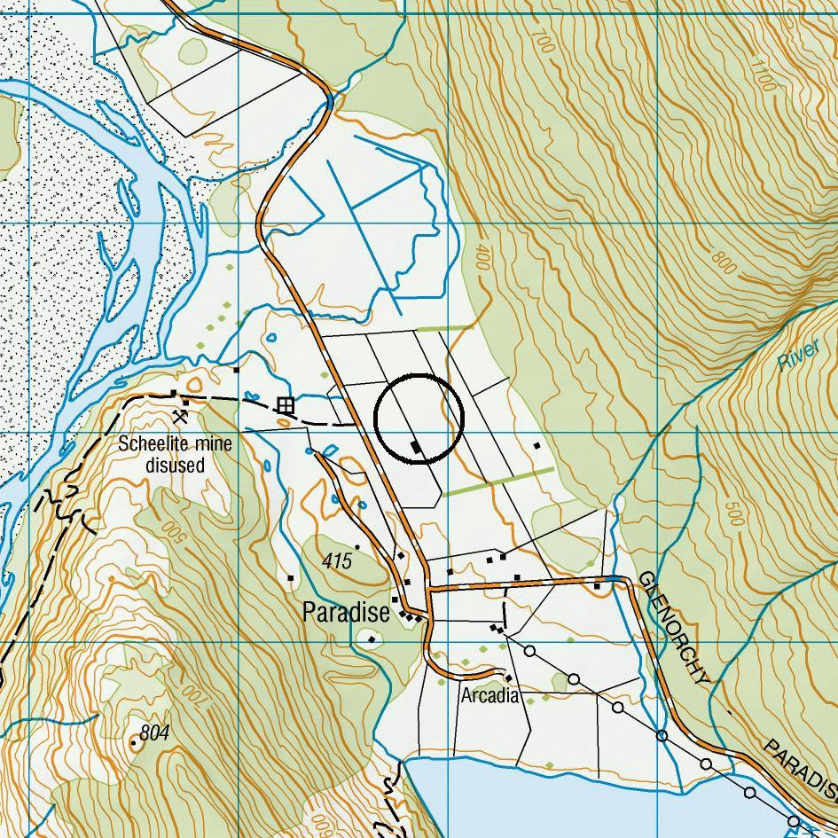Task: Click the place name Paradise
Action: (346, 613)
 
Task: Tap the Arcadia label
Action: (489, 696)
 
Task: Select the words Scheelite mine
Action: (176, 444)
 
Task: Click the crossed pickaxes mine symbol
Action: (180, 415)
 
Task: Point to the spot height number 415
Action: (337, 561)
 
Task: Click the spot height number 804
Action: (153, 733)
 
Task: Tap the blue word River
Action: (797, 356)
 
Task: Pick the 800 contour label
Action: (724, 265)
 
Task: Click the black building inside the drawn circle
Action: (416, 449)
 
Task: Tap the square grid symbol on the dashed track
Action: (284, 405)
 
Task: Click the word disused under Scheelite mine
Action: (176, 466)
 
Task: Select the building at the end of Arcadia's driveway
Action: (508, 678)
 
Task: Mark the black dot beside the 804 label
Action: (134, 742)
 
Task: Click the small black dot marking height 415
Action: (357, 547)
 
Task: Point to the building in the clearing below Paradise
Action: (372, 638)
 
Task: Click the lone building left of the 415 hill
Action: (291, 578)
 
